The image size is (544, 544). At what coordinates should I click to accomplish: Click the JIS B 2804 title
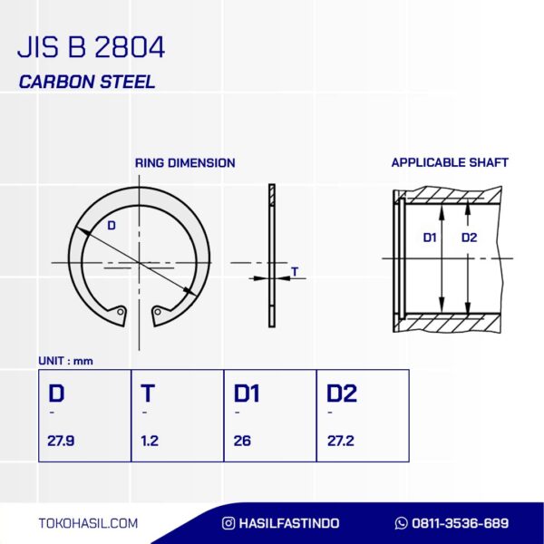(x=91, y=47)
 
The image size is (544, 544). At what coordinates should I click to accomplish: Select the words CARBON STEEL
(x=87, y=82)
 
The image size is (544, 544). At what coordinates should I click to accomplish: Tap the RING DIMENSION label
(x=185, y=162)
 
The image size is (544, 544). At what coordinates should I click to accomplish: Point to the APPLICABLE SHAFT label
(x=450, y=162)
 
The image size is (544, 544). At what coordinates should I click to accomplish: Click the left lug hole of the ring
(x=121, y=312)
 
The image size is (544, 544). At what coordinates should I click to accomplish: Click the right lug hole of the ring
(x=158, y=312)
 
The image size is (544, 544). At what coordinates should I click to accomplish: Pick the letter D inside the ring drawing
(x=112, y=226)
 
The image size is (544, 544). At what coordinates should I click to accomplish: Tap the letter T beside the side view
(x=295, y=272)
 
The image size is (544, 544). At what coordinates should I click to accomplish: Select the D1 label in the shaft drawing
(x=430, y=238)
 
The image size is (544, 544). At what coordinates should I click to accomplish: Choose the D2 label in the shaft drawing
(x=469, y=238)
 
